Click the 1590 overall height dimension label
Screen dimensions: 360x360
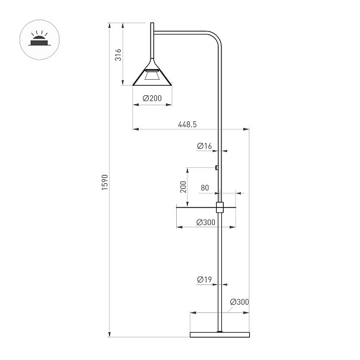[105, 182]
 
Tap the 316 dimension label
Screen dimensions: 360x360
[118, 55]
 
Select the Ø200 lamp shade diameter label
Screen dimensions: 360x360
[152, 98]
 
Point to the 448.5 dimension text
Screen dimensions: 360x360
[187, 124]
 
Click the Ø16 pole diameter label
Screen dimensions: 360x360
[204, 146]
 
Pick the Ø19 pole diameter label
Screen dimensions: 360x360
[204, 280]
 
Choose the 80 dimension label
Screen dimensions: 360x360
[205, 187]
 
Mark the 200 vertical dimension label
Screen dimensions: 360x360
[183, 187]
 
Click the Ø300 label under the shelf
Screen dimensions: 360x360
[206, 222]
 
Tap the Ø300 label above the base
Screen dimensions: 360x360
[239, 302]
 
